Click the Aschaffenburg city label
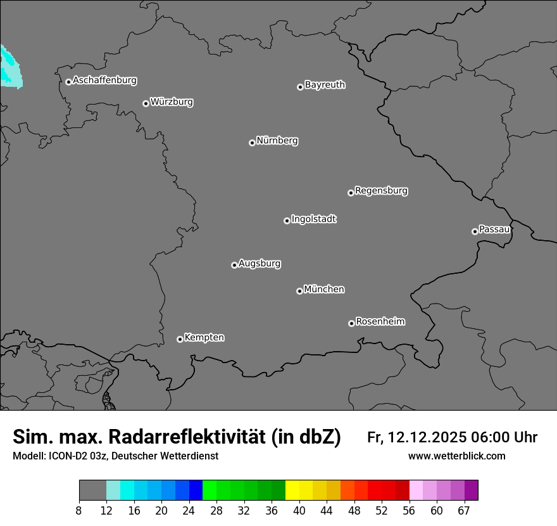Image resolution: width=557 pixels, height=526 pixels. (x=104, y=80)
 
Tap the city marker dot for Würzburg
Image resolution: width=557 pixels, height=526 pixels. (x=146, y=103)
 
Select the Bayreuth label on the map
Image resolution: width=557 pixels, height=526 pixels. (x=325, y=85)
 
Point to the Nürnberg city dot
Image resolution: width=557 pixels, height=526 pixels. (x=252, y=143)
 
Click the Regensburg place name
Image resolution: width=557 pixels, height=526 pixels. (x=381, y=191)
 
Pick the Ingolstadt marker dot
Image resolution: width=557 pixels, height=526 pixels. (x=287, y=221)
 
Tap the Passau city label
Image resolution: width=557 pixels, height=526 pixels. (x=494, y=229)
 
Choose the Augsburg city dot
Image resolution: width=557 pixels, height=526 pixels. (x=234, y=265)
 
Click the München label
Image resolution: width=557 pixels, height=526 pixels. (x=324, y=290)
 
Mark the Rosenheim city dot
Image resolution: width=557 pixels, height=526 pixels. (x=351, y=324)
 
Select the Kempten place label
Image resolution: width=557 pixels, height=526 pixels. (x=204, y=338)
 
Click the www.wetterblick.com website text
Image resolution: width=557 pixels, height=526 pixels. (x=457, y=456)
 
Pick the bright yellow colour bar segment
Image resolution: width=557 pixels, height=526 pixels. (x=292, y=491)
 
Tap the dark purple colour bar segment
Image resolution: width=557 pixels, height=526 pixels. (x=471, y=491)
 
